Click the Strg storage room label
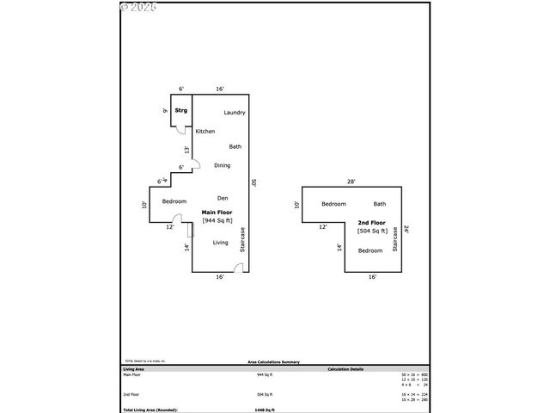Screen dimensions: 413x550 [x=181, y=111]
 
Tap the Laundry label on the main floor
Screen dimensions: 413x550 [x=235, y=113]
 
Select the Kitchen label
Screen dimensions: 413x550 [x=205, y=132]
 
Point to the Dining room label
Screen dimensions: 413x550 [x=222, y=165]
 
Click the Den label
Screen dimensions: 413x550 [x=222, y=198]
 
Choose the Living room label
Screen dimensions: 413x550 [x=221, y=243]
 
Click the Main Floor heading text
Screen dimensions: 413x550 [x=217, y=212]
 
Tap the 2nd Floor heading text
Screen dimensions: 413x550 [x=372, y=222]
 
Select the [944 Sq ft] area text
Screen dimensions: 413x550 [x=217, y=221]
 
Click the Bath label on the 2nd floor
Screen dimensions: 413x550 [x=380, y=204]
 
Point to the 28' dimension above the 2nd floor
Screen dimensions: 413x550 [x=351, y=182]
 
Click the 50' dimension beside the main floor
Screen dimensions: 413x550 [x=254, y=183]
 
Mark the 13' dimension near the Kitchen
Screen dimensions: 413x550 [x=186, y=150]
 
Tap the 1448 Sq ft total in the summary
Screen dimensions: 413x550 [x=264, y=410]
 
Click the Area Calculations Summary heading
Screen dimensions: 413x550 [x=274, y=363]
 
